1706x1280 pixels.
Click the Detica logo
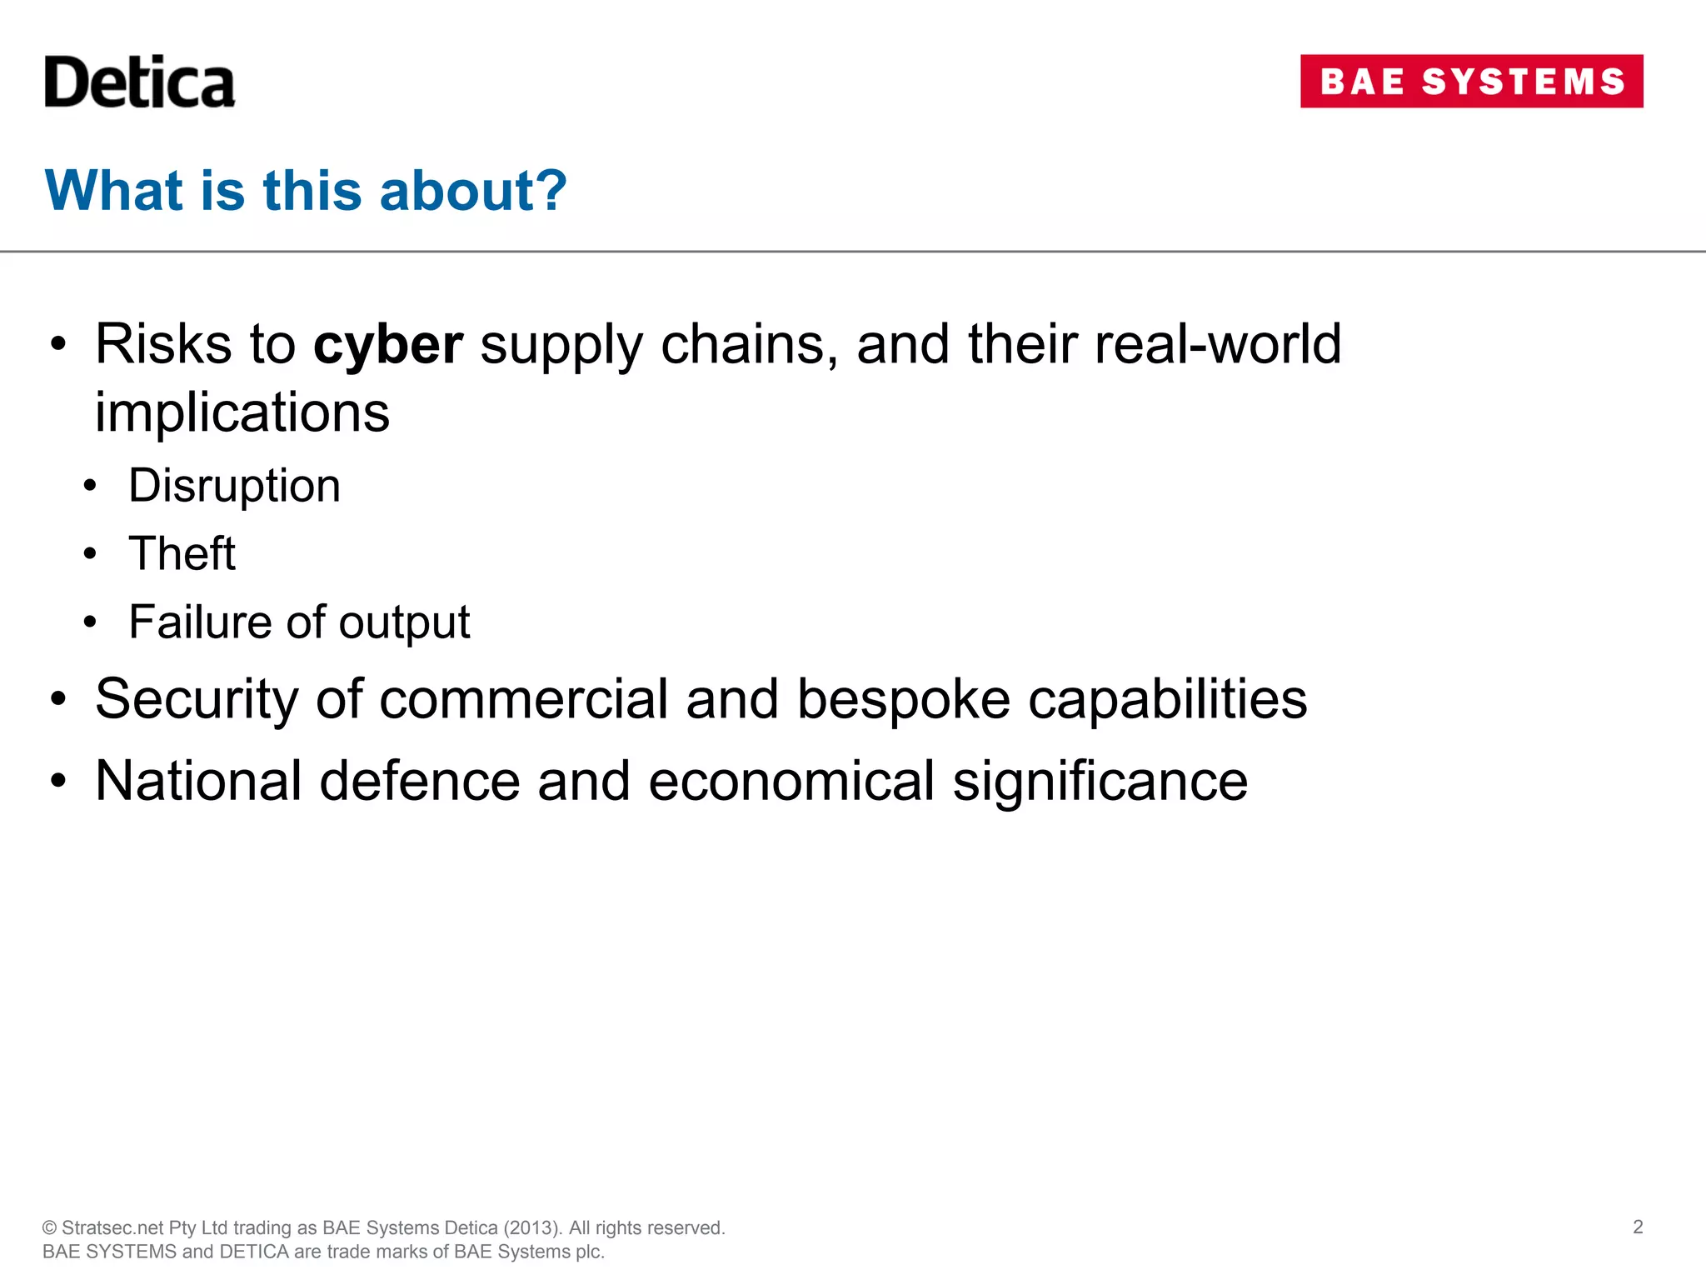(139, 82)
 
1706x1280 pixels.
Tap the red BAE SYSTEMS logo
(1471, 82)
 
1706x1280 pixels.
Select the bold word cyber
(388, 344)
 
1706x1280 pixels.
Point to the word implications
(242, 412)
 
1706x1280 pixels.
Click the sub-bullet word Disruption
(234, 486)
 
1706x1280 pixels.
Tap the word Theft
(182, 553)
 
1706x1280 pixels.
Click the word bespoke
(904, 699)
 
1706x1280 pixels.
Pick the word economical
(791, 782)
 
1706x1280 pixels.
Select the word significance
(1100, 782)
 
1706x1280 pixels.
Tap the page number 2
(1638, 1227)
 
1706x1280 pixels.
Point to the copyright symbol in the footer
(49, 1228)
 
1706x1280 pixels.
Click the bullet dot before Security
(57, 700)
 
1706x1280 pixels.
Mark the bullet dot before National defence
(57, 782)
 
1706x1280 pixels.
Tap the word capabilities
(1167, 699)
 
